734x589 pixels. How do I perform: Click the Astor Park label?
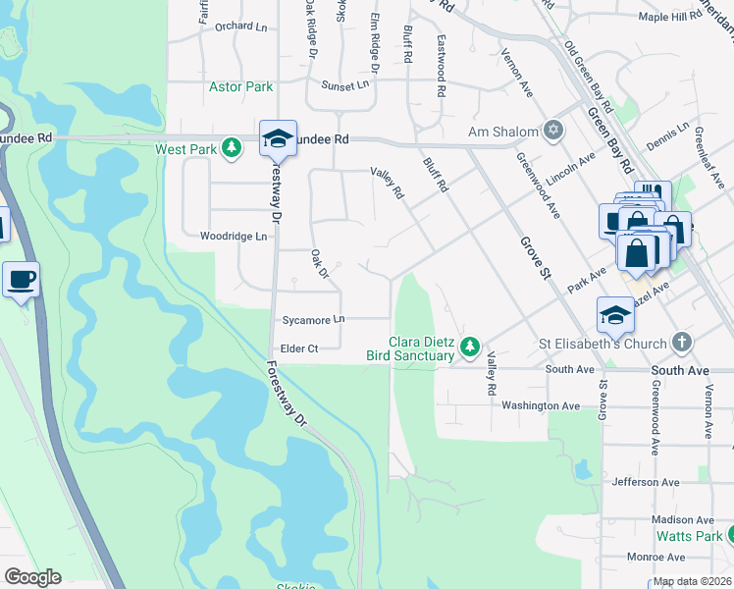coord(240,87)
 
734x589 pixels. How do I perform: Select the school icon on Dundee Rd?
coord(278,138)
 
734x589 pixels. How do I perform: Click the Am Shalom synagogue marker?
coord(553,131)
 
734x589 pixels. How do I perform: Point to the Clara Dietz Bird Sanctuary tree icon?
coord(470,346)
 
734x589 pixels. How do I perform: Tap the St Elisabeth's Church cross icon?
coord(682,344)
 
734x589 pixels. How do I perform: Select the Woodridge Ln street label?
coord(234,237)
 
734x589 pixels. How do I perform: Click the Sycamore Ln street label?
coord(313,320)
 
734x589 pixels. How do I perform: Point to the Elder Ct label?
coord(299,348)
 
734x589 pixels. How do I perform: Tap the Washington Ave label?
coord(541,405)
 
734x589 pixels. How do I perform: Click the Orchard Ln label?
coord(240,27)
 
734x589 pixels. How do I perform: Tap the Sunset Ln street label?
coord(349,84)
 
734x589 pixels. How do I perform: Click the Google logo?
coord(32,577)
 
